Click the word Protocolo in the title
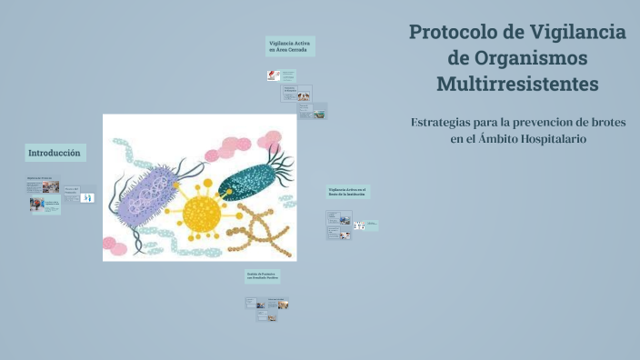tap(450, 32)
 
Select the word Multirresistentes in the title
tap(517, 84)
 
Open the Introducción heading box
tap(55, 153)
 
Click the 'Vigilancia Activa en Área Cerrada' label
tap(291, 46)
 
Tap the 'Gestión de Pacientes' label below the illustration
tap(262, 274)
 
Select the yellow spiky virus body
tap(202, 215)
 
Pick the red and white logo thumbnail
tap(273, 75)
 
